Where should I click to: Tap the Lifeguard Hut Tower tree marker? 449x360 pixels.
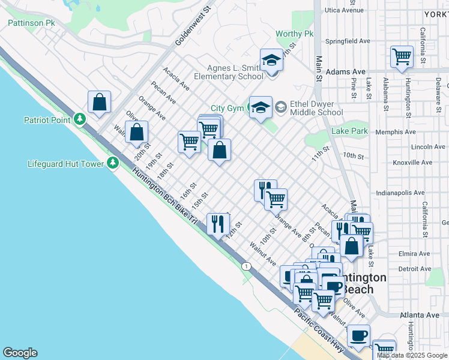point(113,163)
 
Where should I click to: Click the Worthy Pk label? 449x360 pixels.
point(295,34)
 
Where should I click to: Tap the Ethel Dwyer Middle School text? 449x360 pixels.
point(316,107)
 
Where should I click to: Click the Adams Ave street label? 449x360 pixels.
point(347,71)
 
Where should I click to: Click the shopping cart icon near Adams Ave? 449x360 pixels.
point(402,57)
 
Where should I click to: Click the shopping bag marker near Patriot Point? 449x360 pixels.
point(99,102)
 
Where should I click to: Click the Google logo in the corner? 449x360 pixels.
point(20,353)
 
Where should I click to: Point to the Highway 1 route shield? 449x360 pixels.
point(246,266)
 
